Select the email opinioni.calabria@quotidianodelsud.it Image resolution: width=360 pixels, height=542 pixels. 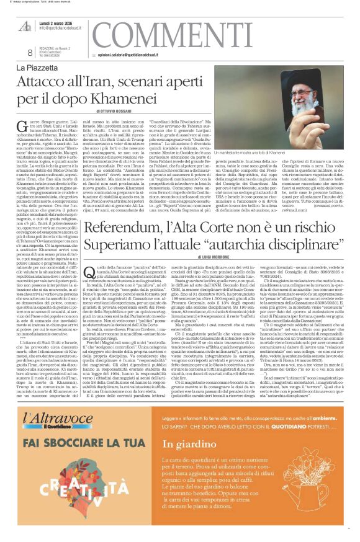coord(146,54)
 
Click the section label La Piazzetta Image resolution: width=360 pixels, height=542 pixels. coord(38,66)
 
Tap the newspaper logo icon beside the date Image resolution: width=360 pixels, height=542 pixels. coord(25,25)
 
